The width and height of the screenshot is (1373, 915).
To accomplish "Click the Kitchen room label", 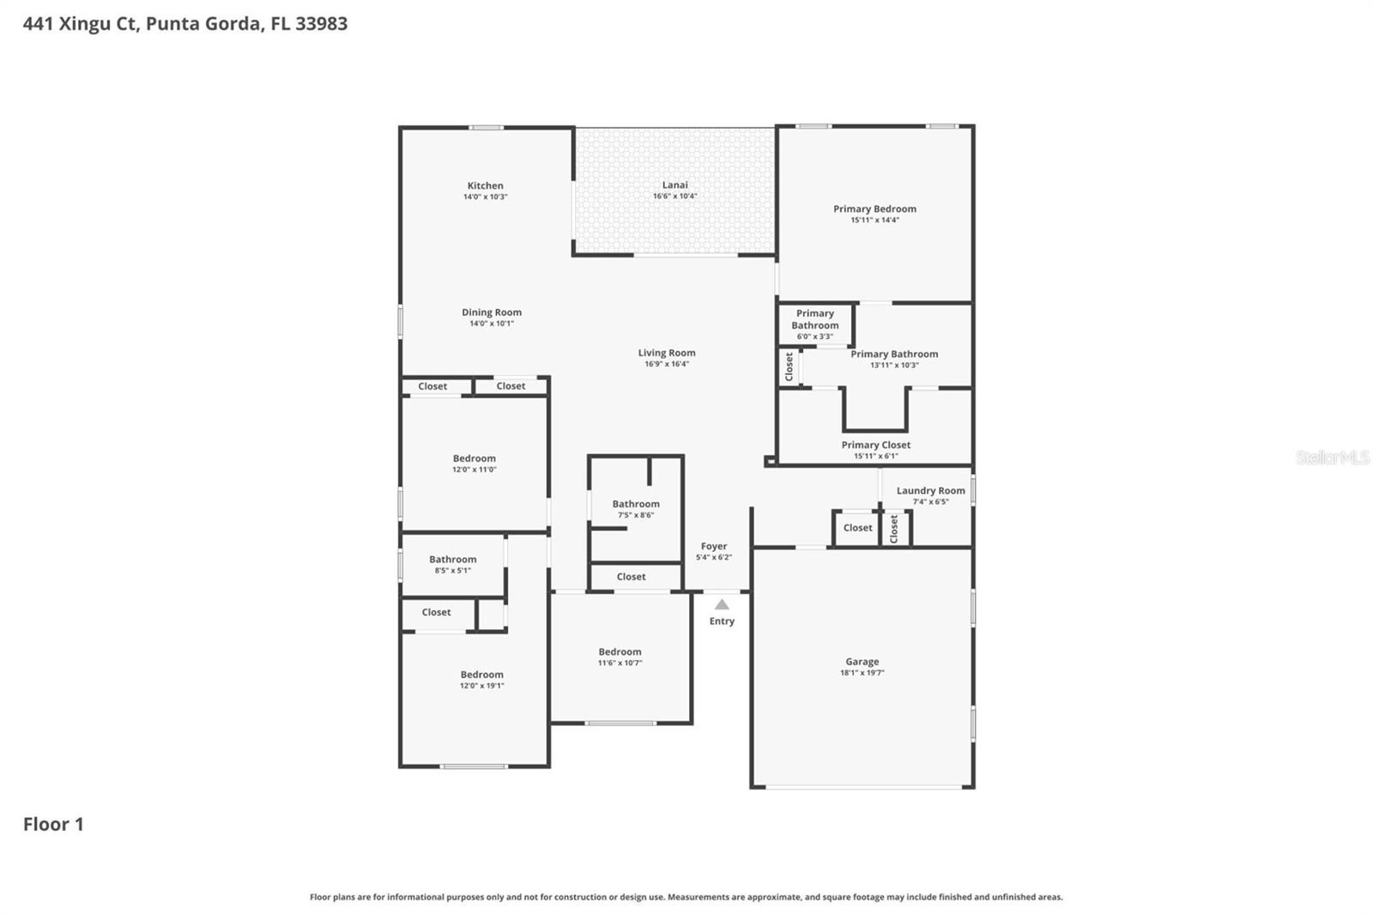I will coord(485,185).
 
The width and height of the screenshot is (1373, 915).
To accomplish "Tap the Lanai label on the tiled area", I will coord(674,185).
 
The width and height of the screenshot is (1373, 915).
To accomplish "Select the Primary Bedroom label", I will coord(874,209).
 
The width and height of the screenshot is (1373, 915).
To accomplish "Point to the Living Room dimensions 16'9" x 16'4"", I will coord(667,364).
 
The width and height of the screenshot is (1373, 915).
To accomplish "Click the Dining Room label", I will coord(491,312).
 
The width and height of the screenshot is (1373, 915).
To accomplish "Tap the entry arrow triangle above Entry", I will coord(722,604).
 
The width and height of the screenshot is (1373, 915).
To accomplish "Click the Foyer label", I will coord(713,546).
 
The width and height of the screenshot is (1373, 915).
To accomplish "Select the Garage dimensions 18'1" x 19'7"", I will coord(862,673).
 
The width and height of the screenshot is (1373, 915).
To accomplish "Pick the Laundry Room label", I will coord(930,491).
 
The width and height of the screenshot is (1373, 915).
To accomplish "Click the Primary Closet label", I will coord(875,445).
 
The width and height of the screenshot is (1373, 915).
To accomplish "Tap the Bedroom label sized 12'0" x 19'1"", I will coord(481,675).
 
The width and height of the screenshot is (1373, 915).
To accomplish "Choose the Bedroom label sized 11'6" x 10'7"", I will coord(620,651).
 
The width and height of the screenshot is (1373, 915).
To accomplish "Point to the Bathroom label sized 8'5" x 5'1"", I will coord(452,559).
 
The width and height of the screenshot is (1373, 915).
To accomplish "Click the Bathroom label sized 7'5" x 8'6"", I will coord(636,504).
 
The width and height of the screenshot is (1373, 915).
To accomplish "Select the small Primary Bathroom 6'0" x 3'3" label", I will coord(814,319).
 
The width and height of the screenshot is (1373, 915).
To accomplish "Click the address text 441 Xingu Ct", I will coord(79,24).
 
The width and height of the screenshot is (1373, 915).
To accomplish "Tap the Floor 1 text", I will coord(53,824).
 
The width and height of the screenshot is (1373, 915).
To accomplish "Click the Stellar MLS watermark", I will coord(1332,457).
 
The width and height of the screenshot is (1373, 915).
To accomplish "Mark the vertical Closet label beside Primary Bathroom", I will coord(789,367).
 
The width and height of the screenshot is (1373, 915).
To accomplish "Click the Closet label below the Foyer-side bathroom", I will coord(631,577).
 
